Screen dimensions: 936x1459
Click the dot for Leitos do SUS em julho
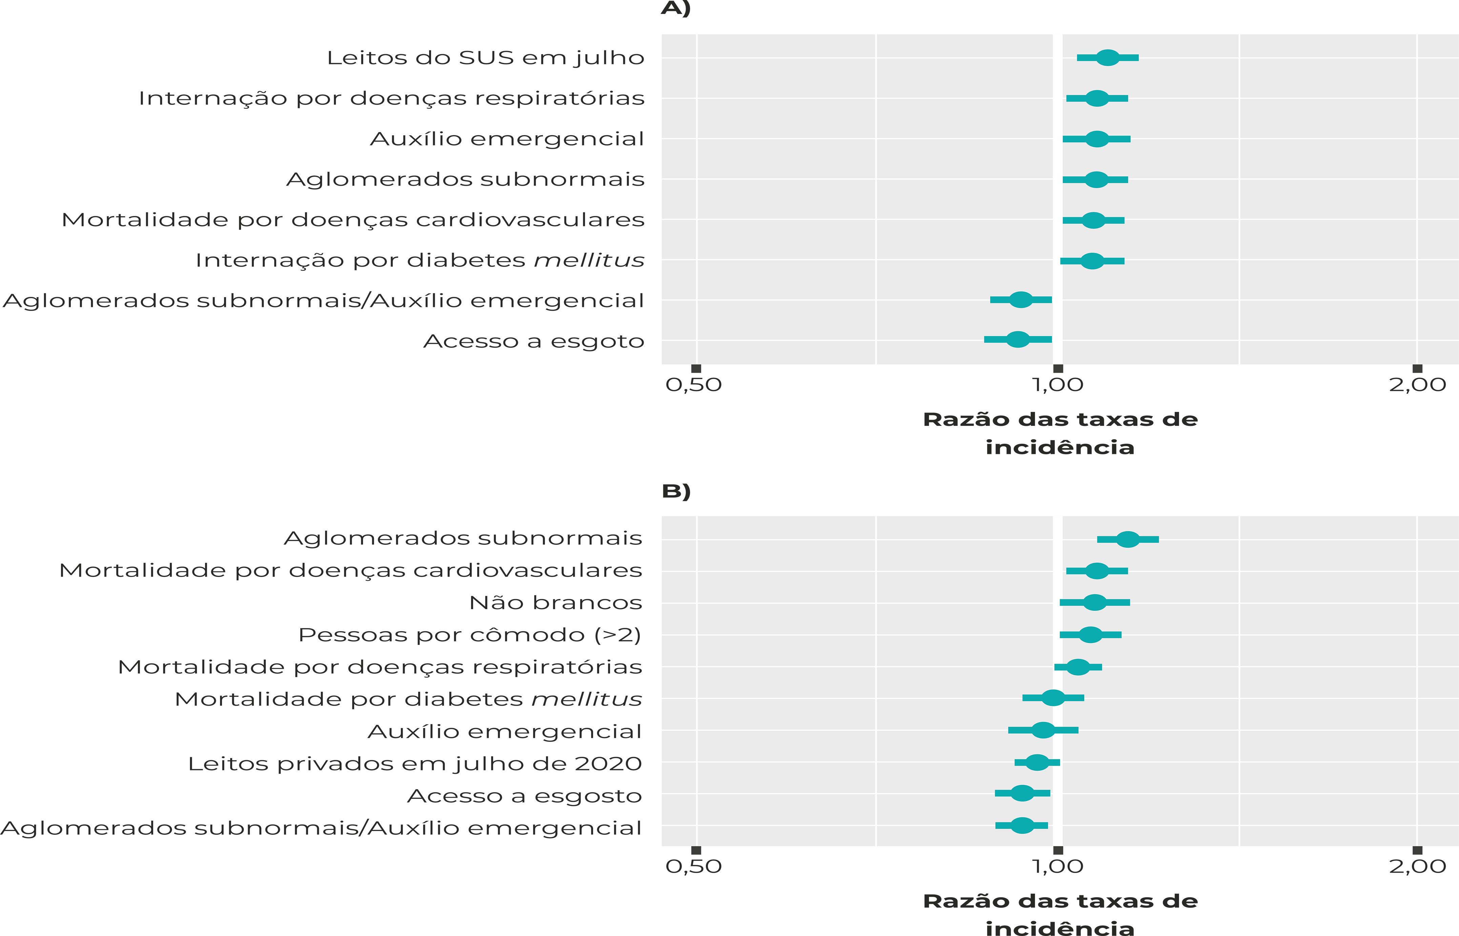tap(1108, 58)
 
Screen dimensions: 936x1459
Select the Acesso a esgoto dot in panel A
tap(1018, 339)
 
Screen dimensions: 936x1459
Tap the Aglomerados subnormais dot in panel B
tap(1128, 539)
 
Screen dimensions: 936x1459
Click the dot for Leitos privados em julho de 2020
tap(1037, 762)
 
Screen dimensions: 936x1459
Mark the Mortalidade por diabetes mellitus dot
tap(1053, 698)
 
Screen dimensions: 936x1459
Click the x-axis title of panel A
tap(1060, 433)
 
